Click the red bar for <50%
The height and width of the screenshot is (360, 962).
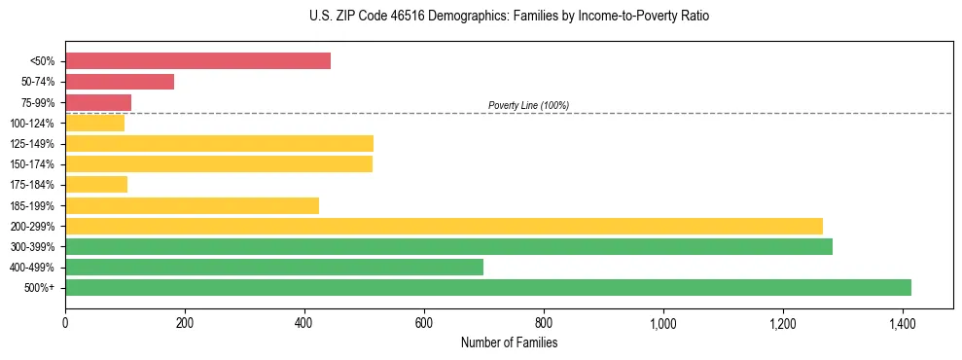(197, 61)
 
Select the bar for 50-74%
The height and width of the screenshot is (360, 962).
(120, 82)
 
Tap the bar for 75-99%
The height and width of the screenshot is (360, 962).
(98, 102)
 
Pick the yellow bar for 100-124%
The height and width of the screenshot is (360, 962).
(94, 123)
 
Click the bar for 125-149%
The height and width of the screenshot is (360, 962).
(219, 144)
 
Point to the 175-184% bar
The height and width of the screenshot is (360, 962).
(96, 185)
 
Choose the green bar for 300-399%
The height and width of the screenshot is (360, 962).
(448, 247)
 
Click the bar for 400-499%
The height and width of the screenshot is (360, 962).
(274, 268)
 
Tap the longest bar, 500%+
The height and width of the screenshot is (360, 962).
(488, 288)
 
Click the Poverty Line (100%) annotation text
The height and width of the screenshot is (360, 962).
(528, 105)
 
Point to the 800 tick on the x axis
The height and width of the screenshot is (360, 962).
(544, 321)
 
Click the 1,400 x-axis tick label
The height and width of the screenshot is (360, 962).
(902, 321)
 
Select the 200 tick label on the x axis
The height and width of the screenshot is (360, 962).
(185, 321)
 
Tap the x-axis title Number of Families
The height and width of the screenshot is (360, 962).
(509, 342)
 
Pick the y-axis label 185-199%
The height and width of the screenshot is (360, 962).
(32, 205)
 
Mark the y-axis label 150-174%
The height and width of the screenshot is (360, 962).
(32, 164)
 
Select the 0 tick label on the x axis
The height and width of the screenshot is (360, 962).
(65, 321)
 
